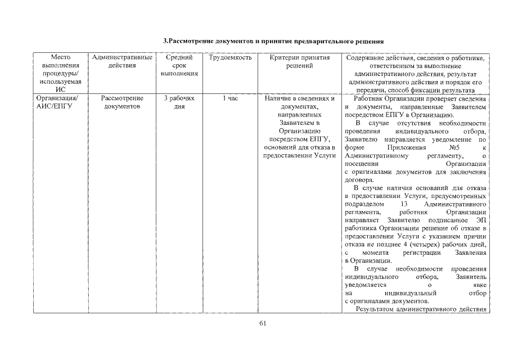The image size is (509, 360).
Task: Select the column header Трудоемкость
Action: (229, 58)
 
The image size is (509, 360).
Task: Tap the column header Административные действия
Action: (122, 61)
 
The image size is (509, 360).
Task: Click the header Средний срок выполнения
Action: (179, 65)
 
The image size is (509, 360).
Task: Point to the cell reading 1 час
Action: (229, 98)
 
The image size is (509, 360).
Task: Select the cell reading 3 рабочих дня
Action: (179, 102)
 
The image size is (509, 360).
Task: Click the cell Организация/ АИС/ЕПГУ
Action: (54, 102)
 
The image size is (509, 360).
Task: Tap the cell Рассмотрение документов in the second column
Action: (122, 102)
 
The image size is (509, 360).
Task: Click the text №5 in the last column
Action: (448, 147)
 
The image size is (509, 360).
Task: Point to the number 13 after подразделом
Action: (404, 204)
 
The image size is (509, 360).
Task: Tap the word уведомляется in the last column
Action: (366, 285)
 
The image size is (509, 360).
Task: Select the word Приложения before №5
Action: (404, 147)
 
